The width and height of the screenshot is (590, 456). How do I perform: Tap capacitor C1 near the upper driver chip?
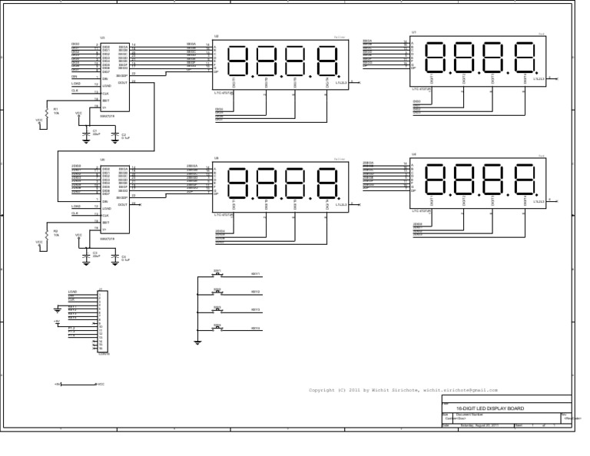(x=85, y=134)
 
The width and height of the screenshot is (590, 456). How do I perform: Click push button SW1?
(x=217, y=274)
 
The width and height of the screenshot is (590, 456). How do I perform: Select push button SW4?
(x=217, y=328)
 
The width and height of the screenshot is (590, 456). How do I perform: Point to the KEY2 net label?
(x=256, y=292)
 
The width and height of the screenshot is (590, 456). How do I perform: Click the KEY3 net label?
(x=256, y=309)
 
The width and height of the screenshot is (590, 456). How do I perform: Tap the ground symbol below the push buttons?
(x=197, y=341)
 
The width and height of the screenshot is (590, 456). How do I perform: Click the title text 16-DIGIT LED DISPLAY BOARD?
(x=489, y=408)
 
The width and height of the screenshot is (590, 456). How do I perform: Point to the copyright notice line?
(x=403, y=390)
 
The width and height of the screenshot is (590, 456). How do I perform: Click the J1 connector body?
(x=103, y=321)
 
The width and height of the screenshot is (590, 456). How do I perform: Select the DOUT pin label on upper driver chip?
(x=123, y=82)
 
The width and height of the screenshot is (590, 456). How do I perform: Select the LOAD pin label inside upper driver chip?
(x=107, y=86)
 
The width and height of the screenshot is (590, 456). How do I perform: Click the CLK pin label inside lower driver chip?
(x=105, y=216)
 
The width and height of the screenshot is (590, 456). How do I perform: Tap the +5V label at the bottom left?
(x=58, y=384)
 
